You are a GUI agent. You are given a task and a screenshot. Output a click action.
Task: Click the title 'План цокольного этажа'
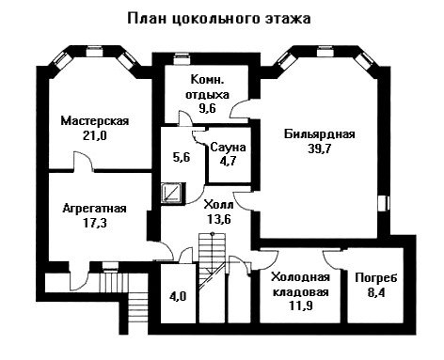tap(219, 19)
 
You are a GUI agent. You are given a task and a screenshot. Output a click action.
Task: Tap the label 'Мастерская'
tap(95, 120)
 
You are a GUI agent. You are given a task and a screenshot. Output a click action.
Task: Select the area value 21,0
tap(95, 135)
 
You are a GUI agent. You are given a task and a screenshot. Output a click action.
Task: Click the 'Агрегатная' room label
tap(95, 208)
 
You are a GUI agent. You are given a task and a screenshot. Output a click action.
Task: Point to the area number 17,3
tap(95, 223)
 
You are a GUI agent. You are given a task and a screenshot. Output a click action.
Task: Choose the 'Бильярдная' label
tap(320, 134)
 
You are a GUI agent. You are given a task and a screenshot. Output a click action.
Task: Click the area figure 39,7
tap(320, 149)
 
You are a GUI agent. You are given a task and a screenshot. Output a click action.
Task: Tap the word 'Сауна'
tap(228, 148)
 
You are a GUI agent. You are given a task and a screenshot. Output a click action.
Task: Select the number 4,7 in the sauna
tap(228, 162)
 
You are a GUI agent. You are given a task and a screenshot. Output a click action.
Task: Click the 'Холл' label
tap(218, 205)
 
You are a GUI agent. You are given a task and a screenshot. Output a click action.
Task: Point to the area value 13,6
tap(219, 219)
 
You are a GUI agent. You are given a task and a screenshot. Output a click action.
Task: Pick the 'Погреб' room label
tap(376, 278)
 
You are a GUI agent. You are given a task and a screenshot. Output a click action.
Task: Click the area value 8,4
tap(376, 292)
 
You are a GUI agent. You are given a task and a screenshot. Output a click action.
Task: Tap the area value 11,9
tap(300, 305)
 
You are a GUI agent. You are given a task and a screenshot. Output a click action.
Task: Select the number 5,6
tap(182, 157)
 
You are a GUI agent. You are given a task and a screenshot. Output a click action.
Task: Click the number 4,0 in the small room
tap(178, 296)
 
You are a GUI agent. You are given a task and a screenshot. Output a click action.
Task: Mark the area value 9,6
tap(207, 108)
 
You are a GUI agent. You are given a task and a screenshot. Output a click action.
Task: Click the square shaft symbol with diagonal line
tap(172, 193)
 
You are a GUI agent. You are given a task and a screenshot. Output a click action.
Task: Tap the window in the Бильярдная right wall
tap(383, 203)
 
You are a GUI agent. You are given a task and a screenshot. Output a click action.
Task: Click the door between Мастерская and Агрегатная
tap(84, 163)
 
